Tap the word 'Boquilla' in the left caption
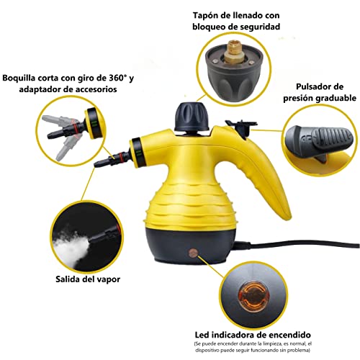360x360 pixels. point(24,78)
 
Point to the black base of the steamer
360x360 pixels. point(180,245)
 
